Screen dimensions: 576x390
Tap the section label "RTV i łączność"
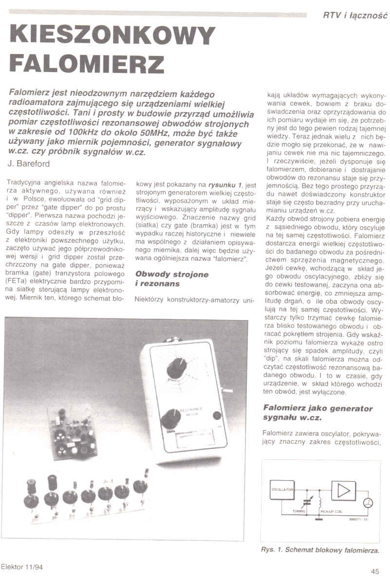point(355,16)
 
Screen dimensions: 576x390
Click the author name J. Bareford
point(29,164)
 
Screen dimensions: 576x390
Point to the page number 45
point(374,571)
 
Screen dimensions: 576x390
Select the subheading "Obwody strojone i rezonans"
point(171,279)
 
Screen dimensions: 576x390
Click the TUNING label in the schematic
point(299,511)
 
